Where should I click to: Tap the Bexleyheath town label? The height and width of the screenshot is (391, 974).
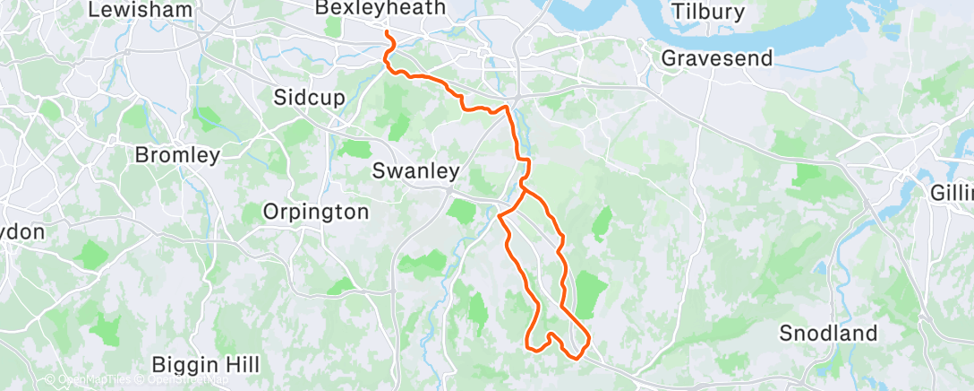380,8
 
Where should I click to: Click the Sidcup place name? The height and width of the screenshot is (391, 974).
310,98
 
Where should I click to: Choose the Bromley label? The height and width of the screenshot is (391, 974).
177,155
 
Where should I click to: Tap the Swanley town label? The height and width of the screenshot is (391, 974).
415,170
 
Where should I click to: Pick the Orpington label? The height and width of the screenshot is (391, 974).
315,213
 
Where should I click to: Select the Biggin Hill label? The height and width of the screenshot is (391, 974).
206,365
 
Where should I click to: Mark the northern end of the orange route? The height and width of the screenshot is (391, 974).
387,33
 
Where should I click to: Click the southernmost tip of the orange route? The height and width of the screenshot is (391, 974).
575,356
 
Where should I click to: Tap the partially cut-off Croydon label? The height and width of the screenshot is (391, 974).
21,231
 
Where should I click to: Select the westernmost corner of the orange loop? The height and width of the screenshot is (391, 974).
499,215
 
